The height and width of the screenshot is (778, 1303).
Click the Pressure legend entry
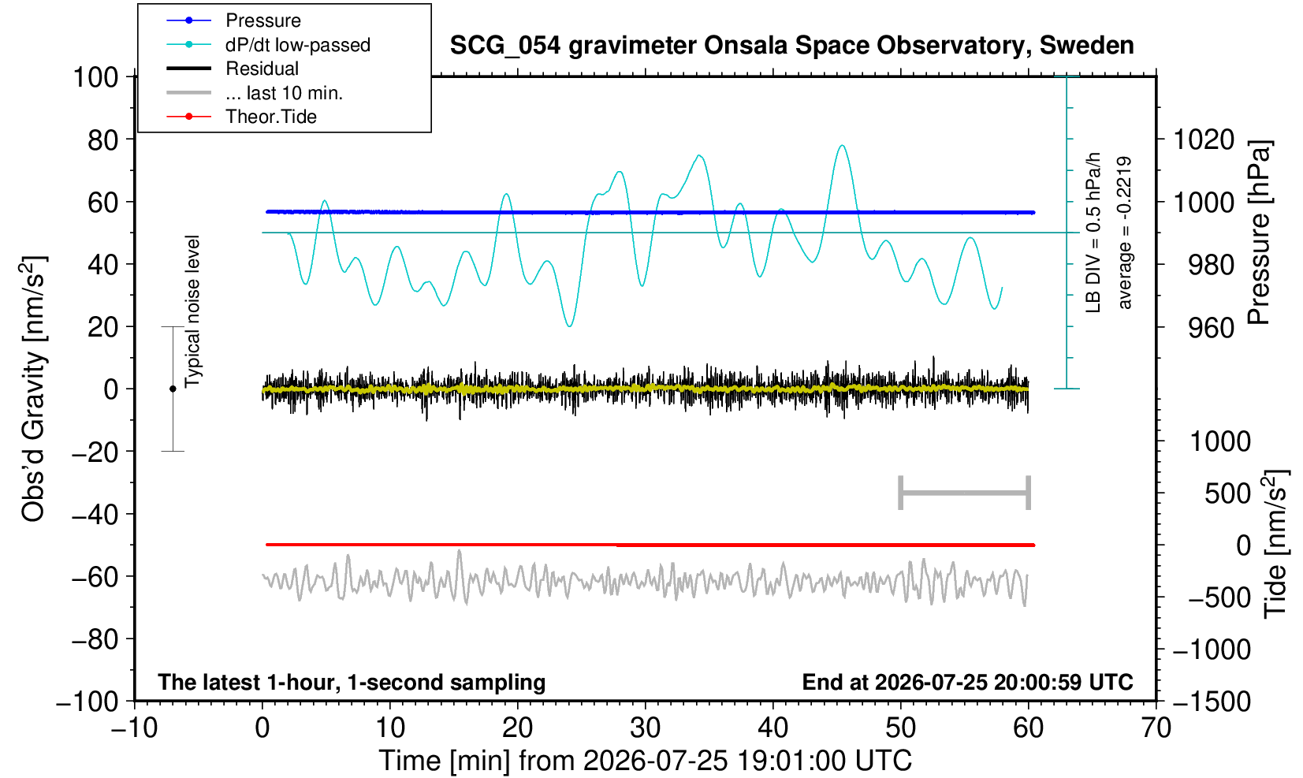click(233, 20)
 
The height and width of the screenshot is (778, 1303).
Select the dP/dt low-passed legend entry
click(268, 45)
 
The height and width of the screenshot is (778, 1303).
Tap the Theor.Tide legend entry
click(241, 117)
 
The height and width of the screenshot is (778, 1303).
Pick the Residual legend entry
click(232, 69)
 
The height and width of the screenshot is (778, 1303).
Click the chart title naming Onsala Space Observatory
click(791, 46)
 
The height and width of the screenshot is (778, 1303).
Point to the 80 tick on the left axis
click(103, 140)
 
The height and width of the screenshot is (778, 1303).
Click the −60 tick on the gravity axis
click(95, 577)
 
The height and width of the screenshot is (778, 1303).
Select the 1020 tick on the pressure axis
click(1204, 140)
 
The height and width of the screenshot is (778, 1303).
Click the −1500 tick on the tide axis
click(1212, 702)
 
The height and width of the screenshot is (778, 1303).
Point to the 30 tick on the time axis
click(645, 728)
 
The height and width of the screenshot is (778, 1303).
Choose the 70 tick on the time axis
click(1156, 728)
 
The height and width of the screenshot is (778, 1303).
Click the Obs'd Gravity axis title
click(33, 389)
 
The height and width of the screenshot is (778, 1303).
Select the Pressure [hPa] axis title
click(1259, 233)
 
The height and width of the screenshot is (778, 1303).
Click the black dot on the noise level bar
click(173, 389)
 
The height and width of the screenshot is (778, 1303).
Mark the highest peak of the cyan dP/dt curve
click(842, 146)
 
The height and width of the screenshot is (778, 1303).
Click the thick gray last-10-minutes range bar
click(965, 493)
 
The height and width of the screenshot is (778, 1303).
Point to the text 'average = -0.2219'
click(1124, 233)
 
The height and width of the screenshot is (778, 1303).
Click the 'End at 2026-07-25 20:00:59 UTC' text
click(967, 682)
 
